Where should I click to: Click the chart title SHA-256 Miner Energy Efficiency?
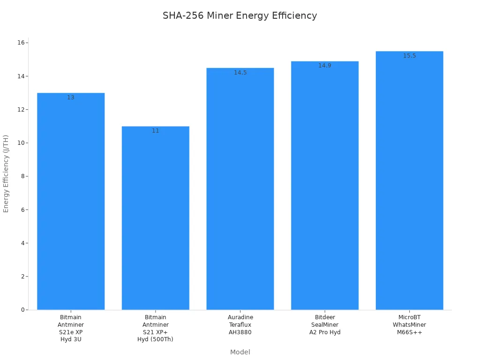coord(240,15)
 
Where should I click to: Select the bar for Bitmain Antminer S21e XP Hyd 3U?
coord(71,202)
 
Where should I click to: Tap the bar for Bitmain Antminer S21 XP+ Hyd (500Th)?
coord(155,218)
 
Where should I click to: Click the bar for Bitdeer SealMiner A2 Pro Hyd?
coord(324,186)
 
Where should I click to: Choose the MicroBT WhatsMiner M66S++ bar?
coord(409,180)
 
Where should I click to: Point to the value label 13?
coord(71,97)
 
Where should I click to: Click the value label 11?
coord(155,131)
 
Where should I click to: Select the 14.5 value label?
coord(240,73)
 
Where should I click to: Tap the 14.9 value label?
coord(324,66)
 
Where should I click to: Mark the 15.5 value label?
coord(409,56)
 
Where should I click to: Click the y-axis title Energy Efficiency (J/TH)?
coord(6,173)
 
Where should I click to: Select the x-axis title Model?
coord(240,352)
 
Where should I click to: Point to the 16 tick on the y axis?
coord(21,43)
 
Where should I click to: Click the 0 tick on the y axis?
coord(22,310)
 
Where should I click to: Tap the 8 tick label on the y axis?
coord(22,176)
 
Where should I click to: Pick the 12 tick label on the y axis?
coord(21,110)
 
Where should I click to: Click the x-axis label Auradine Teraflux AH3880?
coord(240,325)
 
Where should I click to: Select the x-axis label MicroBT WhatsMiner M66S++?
coord(409,325)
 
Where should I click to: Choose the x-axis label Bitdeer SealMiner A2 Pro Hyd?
coord(324,325)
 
